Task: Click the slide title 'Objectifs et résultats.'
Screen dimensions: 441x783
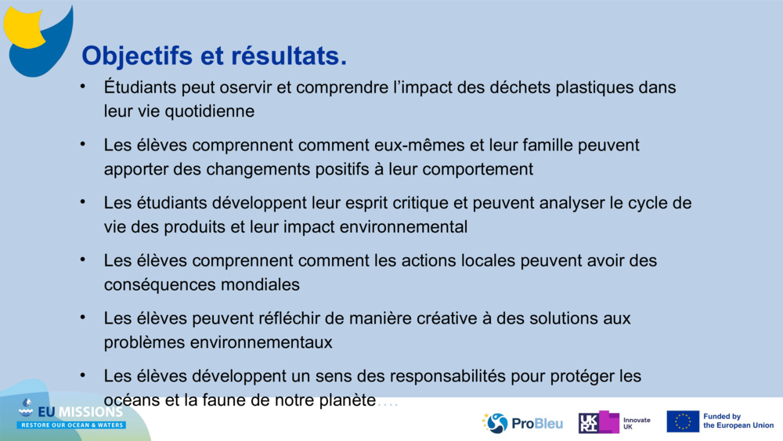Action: pyautogui.click(x=214, y=56)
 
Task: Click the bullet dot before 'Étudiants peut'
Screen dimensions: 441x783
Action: pyautogui.click(x=83, y=86)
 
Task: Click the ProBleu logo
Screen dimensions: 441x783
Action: pyautogui.click(x=522, y=423)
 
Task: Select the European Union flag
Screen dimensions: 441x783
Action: pyautogui.click(x=682, y=421)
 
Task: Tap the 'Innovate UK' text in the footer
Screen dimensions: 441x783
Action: pyautogui.click(x=636, y=423)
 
